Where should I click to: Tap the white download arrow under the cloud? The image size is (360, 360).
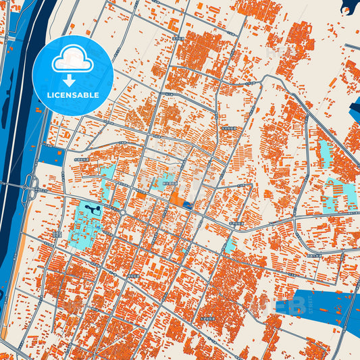click(68, 80)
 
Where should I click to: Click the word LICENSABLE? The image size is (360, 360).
click(72, 95)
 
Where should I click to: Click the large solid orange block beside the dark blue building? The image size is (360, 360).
click(176, 199)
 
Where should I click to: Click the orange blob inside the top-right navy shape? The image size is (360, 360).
click(347, 11)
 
